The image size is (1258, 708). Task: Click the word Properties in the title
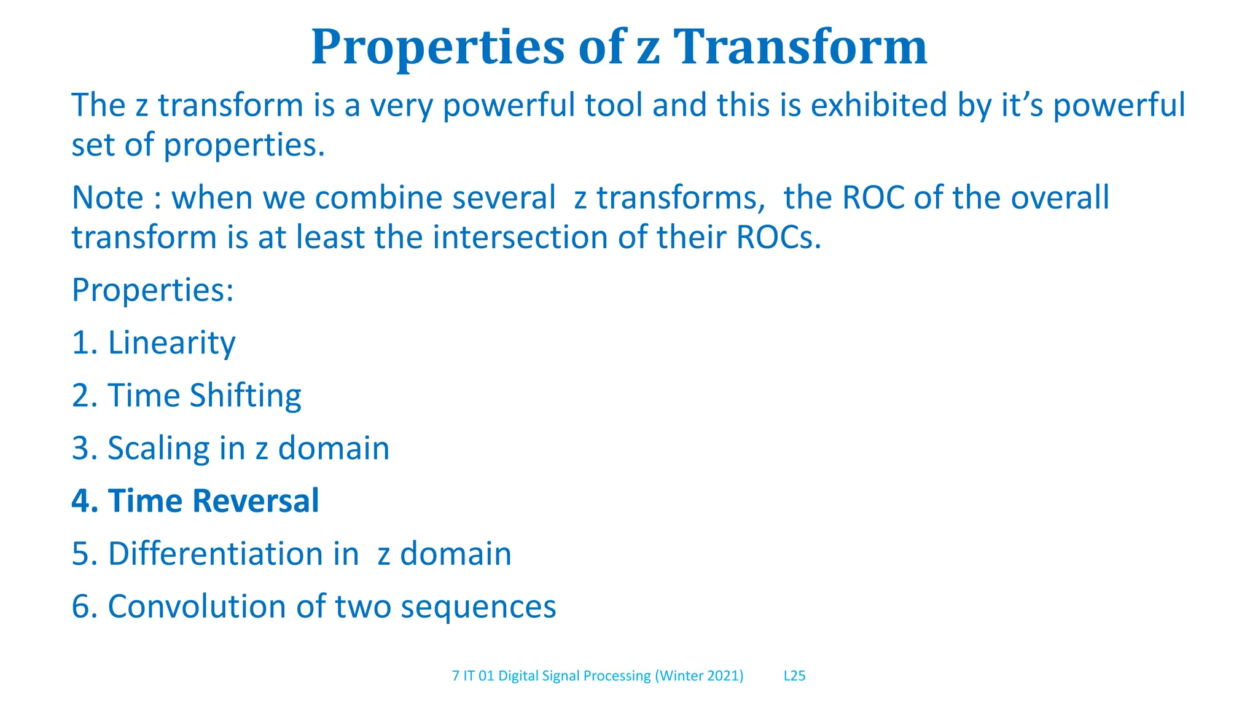pyautogui.click(x=437, y=47)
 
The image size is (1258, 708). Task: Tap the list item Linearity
pyautogui.click(x=171, y=343)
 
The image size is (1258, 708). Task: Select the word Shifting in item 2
pyautogui.click(x=245, y=396)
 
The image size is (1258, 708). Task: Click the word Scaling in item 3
pyautogui.click(x=158, y=449)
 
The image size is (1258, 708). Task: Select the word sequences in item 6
pyautogui.click(x=478, y=607)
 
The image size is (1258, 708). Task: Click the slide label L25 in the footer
pyautogui.click(x=794, y=676)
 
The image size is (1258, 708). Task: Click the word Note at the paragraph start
pyautogui.click(x=107, y=198)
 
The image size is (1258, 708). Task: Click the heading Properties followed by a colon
pyautogui.click(x=152, y=290)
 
